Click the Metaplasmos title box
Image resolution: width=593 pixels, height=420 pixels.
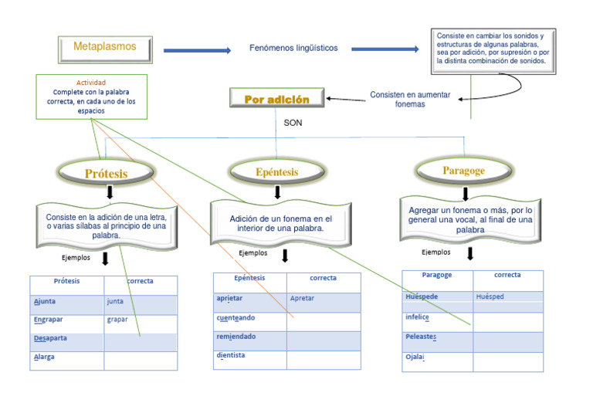point(105,48)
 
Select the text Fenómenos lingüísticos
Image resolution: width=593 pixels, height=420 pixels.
point(293,48)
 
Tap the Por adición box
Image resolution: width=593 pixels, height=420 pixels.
point(276,99)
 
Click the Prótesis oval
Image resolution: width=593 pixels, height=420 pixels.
point(106,173)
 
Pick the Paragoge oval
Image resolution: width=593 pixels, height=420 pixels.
point(463,170)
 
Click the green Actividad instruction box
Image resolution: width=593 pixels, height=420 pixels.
point(91,97)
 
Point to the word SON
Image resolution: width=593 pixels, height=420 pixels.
point(293,123)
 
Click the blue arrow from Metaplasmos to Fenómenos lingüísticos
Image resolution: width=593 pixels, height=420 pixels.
point(197,51)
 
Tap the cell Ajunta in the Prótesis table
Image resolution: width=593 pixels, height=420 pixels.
point(66,303)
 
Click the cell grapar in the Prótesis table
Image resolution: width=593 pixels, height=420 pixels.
point(140,320)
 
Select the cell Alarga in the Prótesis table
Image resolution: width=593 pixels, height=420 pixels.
point(66,358)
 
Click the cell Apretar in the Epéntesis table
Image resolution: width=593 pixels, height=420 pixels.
point(324,299)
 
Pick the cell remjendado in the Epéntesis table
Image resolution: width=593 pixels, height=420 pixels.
point(249,337)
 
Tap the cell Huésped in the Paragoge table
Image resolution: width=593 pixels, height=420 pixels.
point(507,297)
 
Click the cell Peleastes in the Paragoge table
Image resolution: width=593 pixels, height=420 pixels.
point(437,337)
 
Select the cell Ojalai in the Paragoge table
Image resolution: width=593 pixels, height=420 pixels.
point(437,358)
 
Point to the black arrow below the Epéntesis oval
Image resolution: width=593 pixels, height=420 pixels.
point(285,191)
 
